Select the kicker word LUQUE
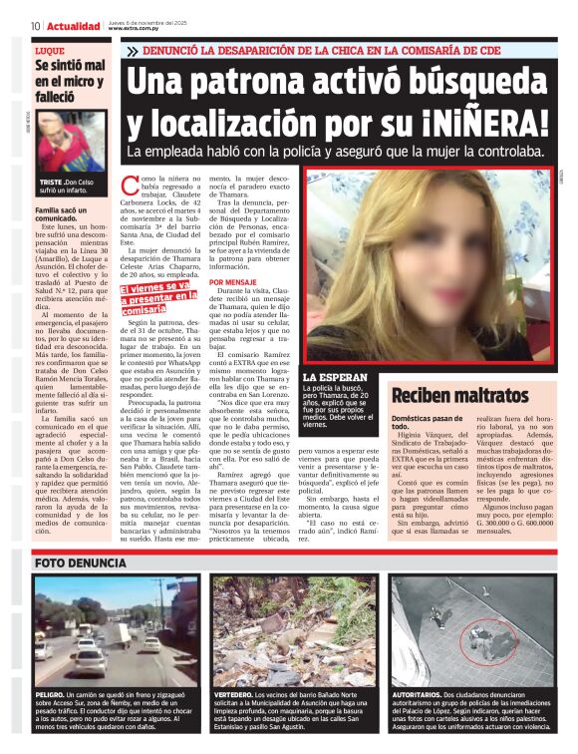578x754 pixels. (49, 49)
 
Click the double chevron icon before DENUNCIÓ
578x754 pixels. (132, 51)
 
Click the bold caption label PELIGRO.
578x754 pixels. (51, 692)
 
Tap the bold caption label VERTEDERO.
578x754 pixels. (232, 692)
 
